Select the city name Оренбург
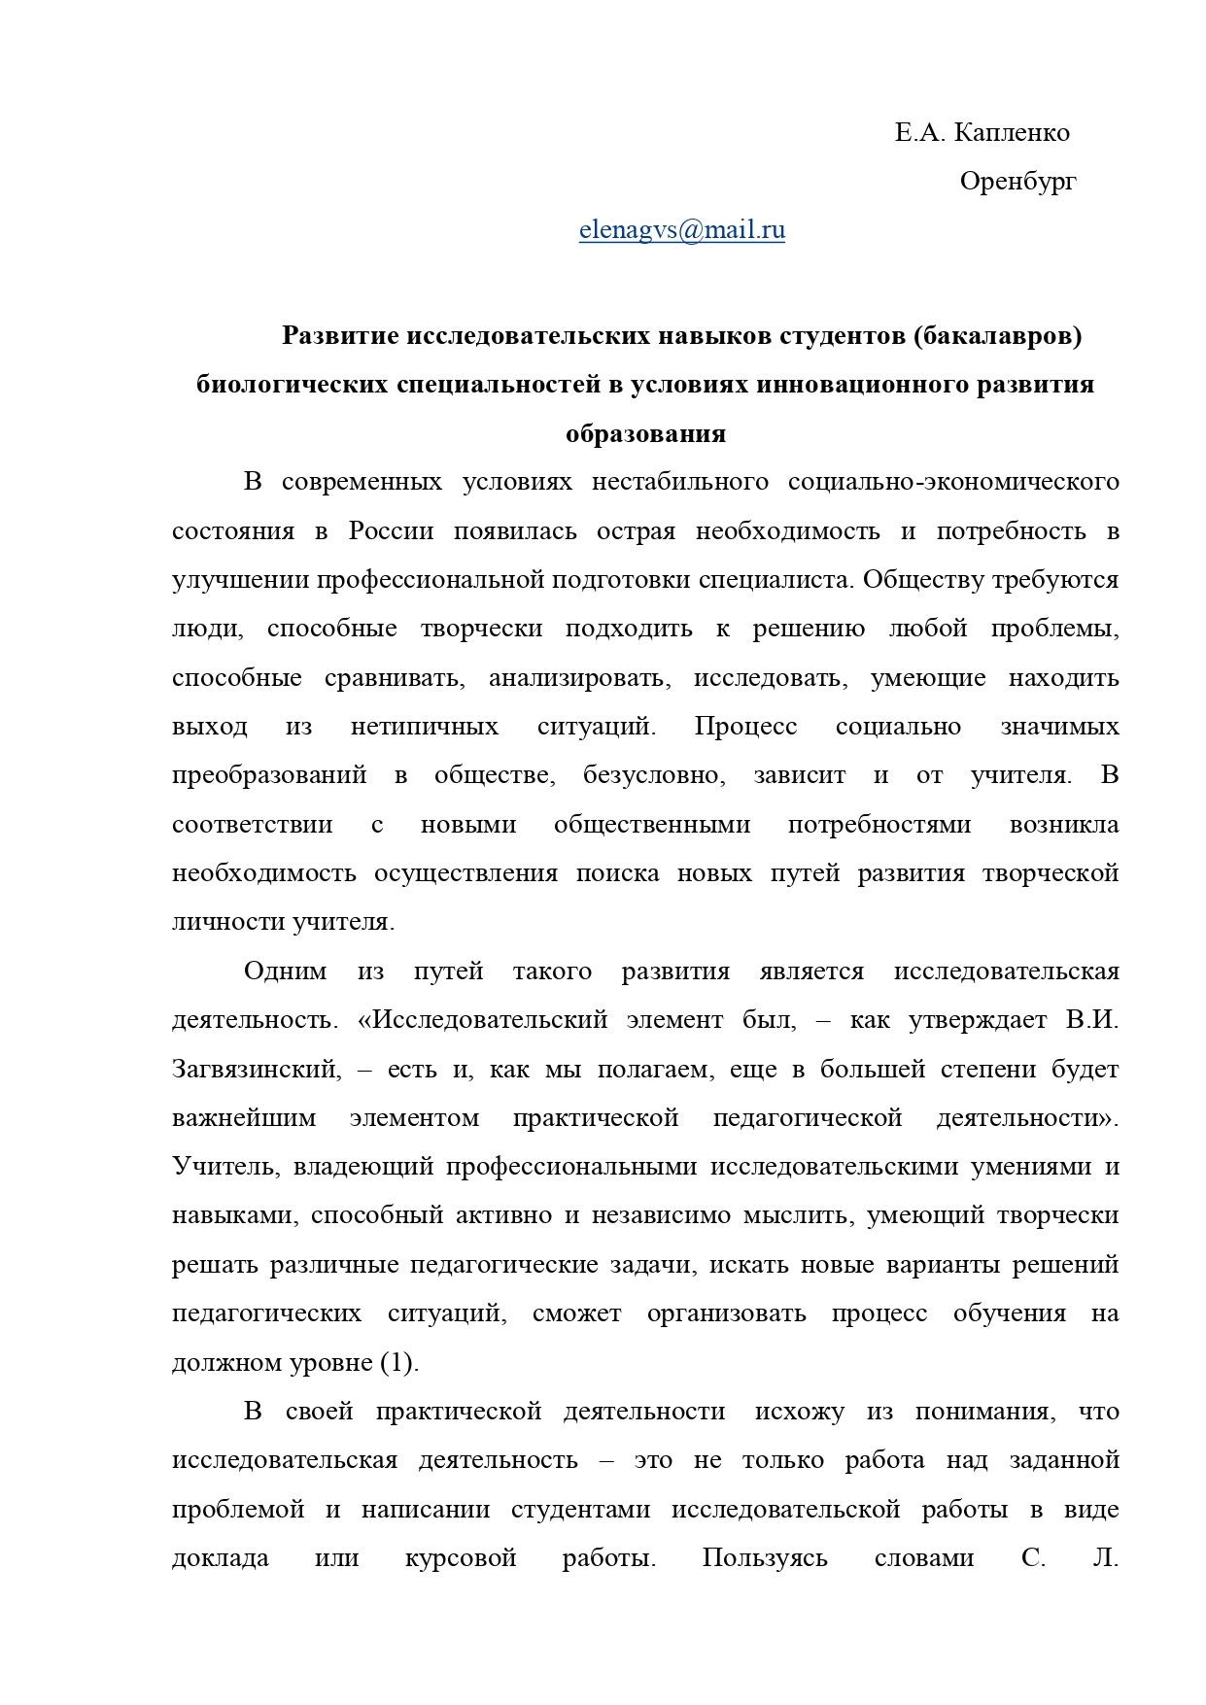coord(1017,182)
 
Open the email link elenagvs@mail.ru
coord(681,230)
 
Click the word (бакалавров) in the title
coord(997,336)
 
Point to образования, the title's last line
coord(645,433)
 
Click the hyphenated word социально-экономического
coord(953,483)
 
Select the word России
coord(391,531)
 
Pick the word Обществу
coord(922,580)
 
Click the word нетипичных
coord(424,727)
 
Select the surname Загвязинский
coord(257,1070)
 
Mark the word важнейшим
coord(244,1118)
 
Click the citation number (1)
coord(398,1363)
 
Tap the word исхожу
coord(799,1412)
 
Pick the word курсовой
coord(460,1559)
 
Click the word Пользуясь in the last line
coord(765,1559)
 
